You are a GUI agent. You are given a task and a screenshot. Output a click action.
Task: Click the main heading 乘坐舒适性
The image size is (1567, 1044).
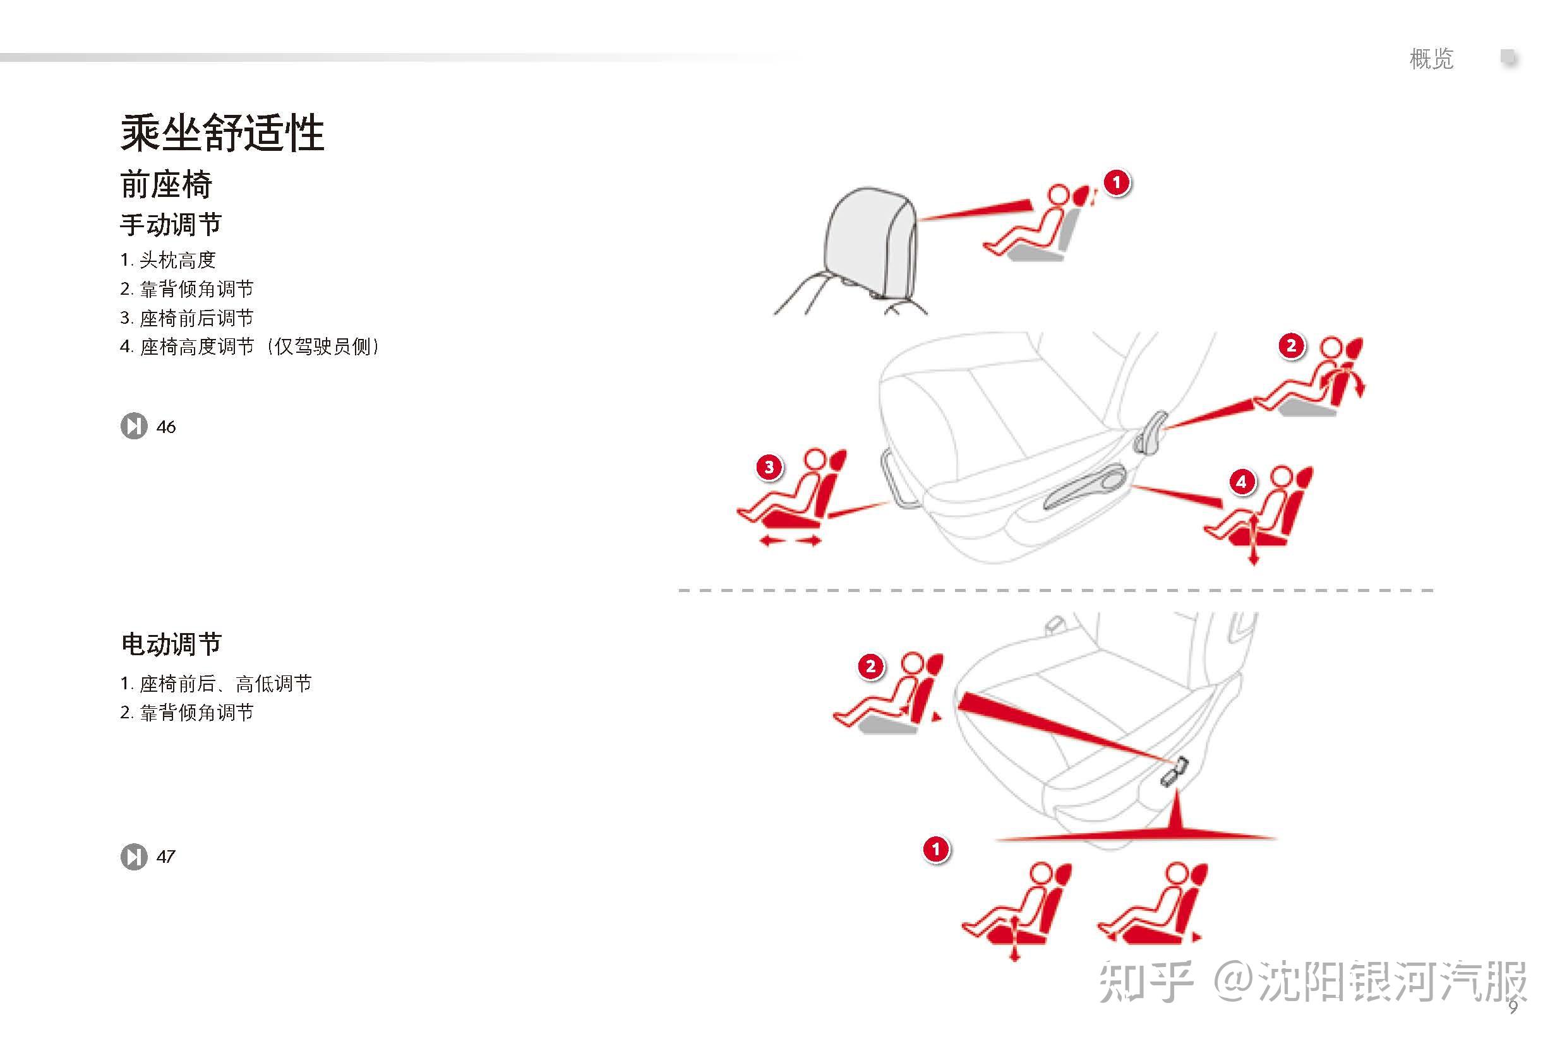point(222,133)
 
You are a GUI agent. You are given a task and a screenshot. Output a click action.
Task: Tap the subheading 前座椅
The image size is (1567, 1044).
point(166,184)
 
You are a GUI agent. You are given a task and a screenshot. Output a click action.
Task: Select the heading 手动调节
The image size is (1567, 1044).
point(171,224)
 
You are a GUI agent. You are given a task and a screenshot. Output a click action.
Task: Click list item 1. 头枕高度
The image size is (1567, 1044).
point(168,259)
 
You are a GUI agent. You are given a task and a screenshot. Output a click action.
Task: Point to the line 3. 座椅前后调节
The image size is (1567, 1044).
point(186,317)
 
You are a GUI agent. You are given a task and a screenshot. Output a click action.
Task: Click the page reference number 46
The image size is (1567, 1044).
point(166,427)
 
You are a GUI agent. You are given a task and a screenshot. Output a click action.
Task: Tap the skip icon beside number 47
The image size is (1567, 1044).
point(134,857)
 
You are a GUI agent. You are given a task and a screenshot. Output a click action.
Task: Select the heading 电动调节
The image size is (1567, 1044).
point(171,644)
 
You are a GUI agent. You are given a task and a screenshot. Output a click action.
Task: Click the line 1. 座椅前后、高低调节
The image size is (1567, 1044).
point(215,683)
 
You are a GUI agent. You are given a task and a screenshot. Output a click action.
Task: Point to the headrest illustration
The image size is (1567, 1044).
point(870,243)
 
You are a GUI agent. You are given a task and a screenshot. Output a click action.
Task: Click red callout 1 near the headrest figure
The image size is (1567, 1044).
point(1117,182)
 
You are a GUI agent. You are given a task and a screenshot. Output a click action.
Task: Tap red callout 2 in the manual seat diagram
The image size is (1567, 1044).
point(1291,345)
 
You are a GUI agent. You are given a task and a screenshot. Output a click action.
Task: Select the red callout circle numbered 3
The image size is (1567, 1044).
point(769,466)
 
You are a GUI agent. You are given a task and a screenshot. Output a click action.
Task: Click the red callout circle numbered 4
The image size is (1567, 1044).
point(1240,482)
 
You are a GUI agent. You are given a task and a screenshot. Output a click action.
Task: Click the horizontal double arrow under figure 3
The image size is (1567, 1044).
point(790,542)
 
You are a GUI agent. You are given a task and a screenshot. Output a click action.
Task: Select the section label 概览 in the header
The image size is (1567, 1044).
point(1431,59)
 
